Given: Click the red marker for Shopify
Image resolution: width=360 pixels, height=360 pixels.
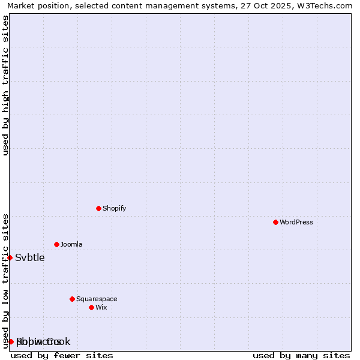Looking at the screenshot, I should (98, 208).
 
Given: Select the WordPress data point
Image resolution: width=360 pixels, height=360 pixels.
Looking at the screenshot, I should (275, 222).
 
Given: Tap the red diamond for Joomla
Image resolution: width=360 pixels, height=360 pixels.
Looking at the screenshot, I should (56, 244).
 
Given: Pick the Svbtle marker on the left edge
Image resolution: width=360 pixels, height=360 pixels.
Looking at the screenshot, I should (10, 257).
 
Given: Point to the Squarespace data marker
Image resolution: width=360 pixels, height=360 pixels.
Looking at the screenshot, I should (72, 299).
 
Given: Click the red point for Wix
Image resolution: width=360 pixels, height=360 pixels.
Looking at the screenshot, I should (91, 307).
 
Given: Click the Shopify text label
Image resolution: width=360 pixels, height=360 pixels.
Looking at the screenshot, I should (114, 208).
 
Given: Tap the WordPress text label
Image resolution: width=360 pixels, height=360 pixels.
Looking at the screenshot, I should (296, 222).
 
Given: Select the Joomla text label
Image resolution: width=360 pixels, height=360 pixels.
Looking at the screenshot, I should (71, 244).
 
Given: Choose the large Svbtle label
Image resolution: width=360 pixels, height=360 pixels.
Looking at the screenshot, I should (29, 257).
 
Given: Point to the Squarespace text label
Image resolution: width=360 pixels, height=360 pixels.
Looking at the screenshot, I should (97, 299).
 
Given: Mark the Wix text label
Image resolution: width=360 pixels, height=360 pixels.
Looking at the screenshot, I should (101, 307).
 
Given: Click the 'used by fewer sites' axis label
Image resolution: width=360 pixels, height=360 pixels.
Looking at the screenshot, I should (62, 355).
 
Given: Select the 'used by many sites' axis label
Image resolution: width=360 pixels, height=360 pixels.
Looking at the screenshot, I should (301, 355).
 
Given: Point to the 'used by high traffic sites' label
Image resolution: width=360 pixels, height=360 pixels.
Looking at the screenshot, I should (5, 85).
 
